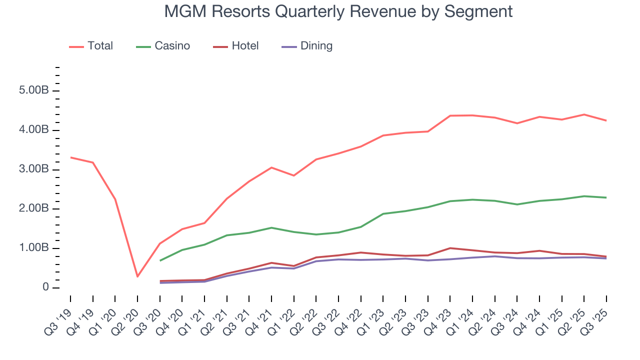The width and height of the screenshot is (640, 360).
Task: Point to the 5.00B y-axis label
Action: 34,91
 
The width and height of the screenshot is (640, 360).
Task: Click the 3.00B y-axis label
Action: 34,169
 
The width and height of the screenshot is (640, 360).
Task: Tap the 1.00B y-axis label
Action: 34,248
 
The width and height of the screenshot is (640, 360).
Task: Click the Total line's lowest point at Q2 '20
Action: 137,276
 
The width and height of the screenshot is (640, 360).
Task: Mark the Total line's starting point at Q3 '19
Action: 70,157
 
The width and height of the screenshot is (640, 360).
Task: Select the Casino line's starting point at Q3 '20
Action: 160,260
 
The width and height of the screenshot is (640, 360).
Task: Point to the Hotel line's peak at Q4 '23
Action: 450,248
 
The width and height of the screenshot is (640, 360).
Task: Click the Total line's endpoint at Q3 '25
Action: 606,120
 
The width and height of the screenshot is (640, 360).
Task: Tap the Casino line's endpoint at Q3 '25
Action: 606,197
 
